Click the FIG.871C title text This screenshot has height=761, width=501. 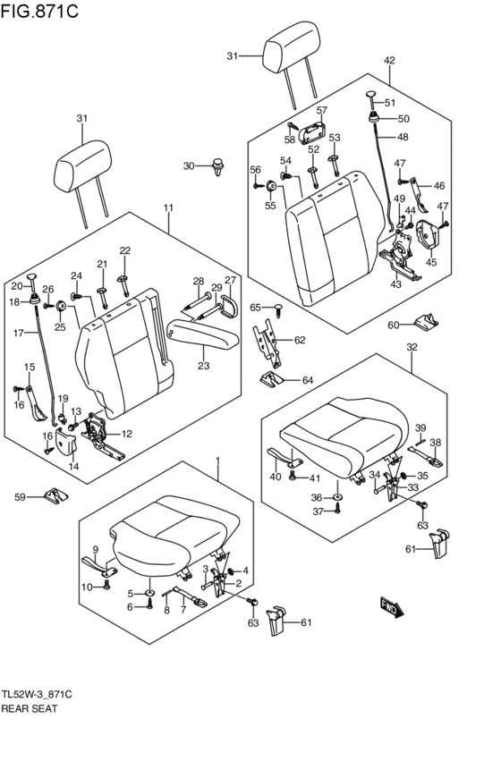[39, 10]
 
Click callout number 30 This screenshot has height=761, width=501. [189, 166]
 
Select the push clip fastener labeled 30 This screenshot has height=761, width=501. [218, 166]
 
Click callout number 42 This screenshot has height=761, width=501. [389, 61]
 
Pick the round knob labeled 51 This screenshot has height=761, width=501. [372, 98]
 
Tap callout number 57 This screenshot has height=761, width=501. [322, 110]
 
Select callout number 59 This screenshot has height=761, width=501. [20, 497]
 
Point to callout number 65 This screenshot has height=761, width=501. [255, 308]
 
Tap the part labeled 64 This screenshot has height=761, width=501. [273, 378]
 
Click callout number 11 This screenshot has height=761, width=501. [168, 208]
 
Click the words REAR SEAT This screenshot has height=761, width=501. [30, 708]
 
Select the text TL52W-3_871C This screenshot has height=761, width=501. [37, 695]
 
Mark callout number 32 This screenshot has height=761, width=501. [412, 348]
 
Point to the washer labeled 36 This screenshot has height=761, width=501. [337, 497]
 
